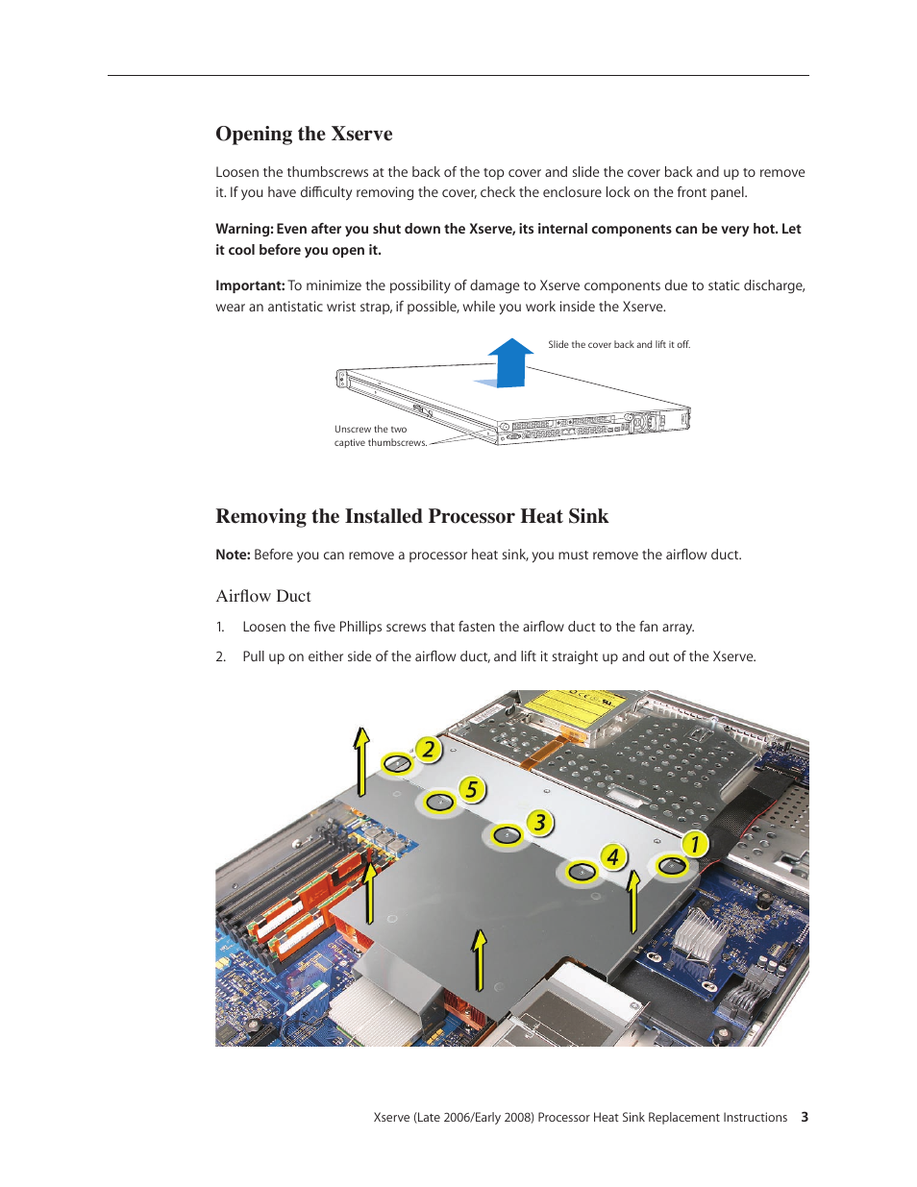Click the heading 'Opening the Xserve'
click(304, 134)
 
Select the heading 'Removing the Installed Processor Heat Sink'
click(411, 516)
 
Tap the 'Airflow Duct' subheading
click(262, 596)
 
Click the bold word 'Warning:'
click(244, 229)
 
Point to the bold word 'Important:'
click(250, 285)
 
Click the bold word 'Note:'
click(233, 555)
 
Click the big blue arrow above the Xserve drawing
click(509, 363)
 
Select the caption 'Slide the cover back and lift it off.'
click(618, 344)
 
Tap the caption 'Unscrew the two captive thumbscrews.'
click(379, 436)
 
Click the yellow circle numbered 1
click(694, 845)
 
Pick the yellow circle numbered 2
click(428, 750)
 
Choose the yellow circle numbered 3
click(540, 823)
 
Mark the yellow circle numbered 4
click(612, 856)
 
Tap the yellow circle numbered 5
click(471, 790)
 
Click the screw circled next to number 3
click(507, 835)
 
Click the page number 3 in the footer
click(805, 1117)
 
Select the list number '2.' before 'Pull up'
click(220, 656)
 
